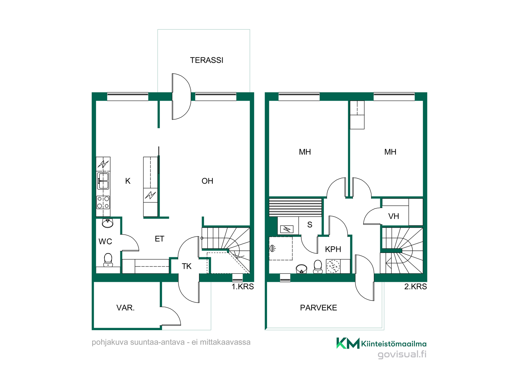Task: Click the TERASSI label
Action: point(207,60)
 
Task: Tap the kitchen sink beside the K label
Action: point(103,181)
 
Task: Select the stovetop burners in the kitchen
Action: point(103,202)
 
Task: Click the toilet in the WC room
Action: point(108,260)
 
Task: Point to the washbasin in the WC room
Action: point(108,223)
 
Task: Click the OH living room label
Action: point(207,181)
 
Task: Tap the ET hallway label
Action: point(159,239)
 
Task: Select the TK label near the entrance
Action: point(187,266)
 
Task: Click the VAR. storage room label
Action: point(125,308)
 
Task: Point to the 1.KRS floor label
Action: point(243,287)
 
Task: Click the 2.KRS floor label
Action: point(415,287)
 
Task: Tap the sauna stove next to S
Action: point(287,229)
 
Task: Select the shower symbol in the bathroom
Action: point(272,248)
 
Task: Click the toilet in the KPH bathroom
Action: point(318,267)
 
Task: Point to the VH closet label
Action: point(394,216)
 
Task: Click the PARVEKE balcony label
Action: point(318,308)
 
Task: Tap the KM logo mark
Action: point(348,343)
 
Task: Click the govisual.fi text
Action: point(402,354)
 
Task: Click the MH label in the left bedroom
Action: point(305,152)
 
